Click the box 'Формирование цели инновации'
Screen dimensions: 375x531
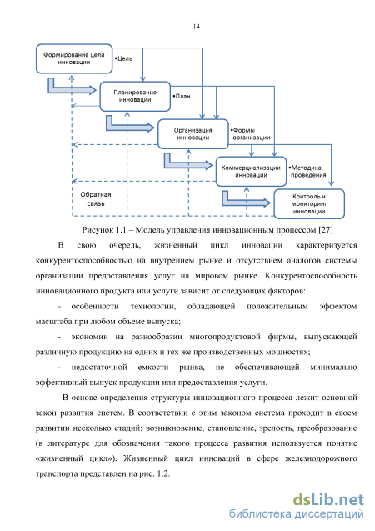tap(74, 58)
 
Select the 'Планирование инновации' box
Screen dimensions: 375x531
tap(135, 96)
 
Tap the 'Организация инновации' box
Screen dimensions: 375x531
tap(193, 133)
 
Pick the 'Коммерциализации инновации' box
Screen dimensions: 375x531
tap(251, 172)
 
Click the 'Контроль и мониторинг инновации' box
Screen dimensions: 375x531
tap(309, 204)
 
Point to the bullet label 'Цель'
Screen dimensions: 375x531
tap(123, 58)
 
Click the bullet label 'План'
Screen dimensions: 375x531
tap(182, 96)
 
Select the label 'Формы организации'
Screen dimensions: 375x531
tap(251, 133)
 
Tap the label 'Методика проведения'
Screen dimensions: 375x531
tap(307, 172)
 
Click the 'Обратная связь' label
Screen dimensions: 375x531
tap(96, 199)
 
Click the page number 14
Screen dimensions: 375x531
tap(197, 27)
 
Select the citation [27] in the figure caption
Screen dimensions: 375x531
tap(326, 230)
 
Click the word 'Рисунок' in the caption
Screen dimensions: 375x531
tap(97, 230)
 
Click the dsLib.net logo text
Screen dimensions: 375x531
tap(328, 500)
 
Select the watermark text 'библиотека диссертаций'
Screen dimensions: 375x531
tap(297, 513)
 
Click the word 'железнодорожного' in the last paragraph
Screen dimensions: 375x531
tap(321, 458)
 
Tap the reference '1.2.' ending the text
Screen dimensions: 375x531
tap(163, 473)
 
